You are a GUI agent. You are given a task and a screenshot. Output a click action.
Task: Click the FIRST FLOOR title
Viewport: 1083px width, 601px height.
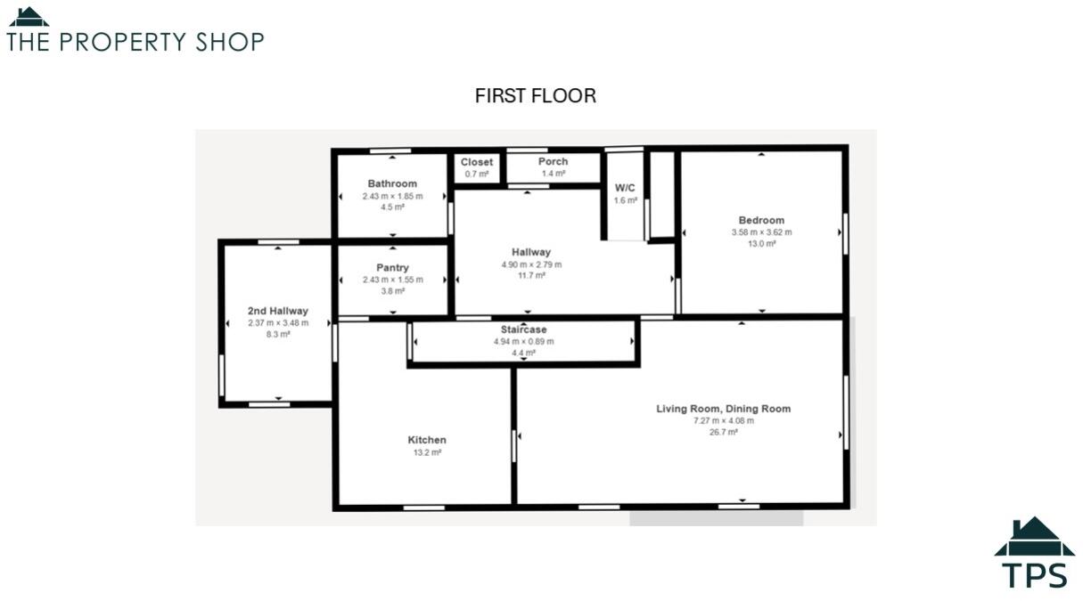[x=535, y=96]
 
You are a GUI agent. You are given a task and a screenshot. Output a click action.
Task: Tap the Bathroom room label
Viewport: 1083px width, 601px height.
[x=392, y=184]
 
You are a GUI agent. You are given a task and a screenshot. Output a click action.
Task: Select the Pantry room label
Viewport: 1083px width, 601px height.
[x=392, y=268]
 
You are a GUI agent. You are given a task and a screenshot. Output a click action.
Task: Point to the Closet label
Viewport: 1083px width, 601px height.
[x=477, y=162]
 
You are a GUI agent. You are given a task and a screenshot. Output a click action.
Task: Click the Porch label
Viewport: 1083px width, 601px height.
[x=554, y=162]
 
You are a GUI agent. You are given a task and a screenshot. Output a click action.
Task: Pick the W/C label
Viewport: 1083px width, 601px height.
[x=625, y=189]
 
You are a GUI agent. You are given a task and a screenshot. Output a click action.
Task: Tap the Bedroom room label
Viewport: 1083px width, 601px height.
[x=761, y=221]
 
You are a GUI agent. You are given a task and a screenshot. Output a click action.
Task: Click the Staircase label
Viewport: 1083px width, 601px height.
[x=523, y=329]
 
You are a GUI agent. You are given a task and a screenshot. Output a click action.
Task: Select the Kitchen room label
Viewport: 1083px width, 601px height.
[x=427, y=440]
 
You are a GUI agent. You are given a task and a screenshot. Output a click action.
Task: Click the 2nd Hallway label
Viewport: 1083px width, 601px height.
[x=278, y=311]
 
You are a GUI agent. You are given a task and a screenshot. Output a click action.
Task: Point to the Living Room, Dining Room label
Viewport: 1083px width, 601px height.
[x=724, y=409]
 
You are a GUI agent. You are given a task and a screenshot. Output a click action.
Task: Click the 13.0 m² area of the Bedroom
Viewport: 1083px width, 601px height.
[x=761, y=244]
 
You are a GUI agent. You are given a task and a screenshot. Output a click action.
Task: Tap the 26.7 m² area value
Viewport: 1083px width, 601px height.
[x=724, y=432]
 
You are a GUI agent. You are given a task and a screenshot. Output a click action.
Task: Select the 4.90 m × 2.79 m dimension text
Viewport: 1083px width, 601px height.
[x=531, y=264]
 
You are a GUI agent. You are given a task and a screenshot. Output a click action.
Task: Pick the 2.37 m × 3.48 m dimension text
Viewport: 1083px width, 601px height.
[x=278, y=322]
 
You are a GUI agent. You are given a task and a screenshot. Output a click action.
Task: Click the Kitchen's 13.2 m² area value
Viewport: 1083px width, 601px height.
[x=427, y=452]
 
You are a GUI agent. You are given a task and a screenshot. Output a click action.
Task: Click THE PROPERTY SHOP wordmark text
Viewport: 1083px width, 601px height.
[x=135, y=42]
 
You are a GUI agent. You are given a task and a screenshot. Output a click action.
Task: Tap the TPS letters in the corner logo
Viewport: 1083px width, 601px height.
[x=1034, y=574]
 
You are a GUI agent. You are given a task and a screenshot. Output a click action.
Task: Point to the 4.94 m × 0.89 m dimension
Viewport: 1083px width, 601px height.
[x=523, y=341]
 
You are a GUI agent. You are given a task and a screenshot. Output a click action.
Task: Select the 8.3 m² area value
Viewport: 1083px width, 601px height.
[x=278, y=334]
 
